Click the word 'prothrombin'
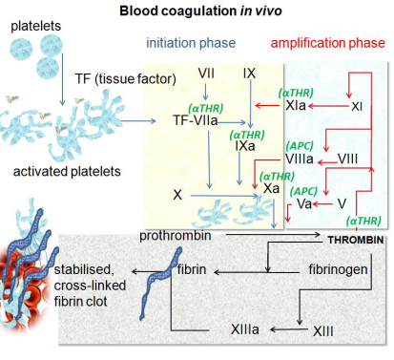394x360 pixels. pos(174,234)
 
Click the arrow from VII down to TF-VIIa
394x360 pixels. pos(206,93)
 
